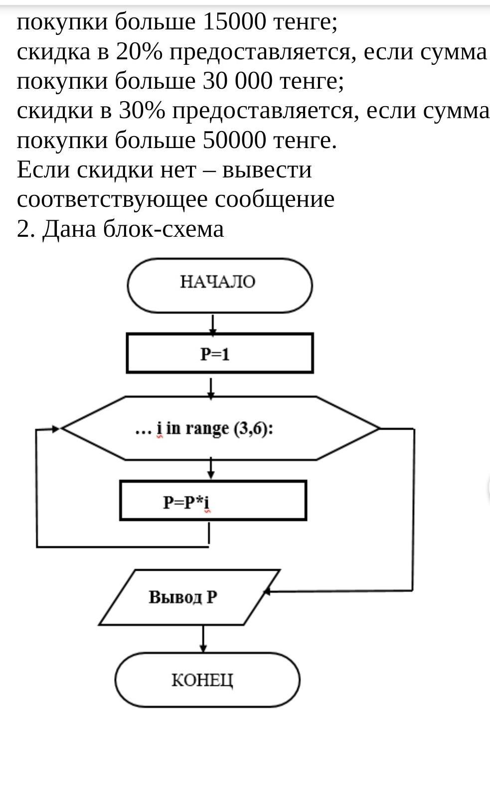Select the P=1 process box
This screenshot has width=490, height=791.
pos(220,353)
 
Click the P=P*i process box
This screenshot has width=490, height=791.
pos(213,500)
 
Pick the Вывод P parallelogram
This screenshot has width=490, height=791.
pos(189,597)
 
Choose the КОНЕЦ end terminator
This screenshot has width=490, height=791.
pos(207,680)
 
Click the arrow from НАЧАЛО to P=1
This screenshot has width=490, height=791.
pos(213,324)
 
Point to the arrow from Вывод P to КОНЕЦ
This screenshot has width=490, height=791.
pos(203,639)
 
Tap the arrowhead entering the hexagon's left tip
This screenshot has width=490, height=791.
pos(55,429)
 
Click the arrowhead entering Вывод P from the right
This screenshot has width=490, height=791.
pos(267,591)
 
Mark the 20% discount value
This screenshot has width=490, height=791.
pos(139,51)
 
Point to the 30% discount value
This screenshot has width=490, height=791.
pos(142,111)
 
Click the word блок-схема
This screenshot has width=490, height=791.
pos(163,229)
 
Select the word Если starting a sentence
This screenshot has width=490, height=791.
pos(43,170)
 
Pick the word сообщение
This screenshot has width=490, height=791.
pos(275,199)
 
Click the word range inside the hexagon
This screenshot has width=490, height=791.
pos(207,429)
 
